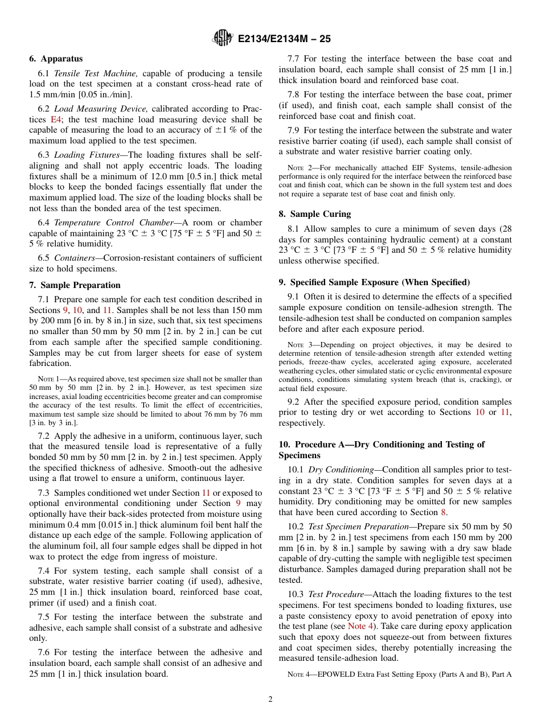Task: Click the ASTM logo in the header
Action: pos(222,38)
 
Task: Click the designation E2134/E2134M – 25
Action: pos(284,39)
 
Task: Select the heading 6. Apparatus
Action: pos(56,59)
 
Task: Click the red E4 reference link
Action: pos(56,120)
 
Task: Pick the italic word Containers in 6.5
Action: pos(74,258)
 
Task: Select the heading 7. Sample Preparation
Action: pos(75,285)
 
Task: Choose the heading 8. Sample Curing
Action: pos(314,214)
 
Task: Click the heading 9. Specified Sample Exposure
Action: pos(374,282)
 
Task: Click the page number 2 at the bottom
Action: pos(270,700)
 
